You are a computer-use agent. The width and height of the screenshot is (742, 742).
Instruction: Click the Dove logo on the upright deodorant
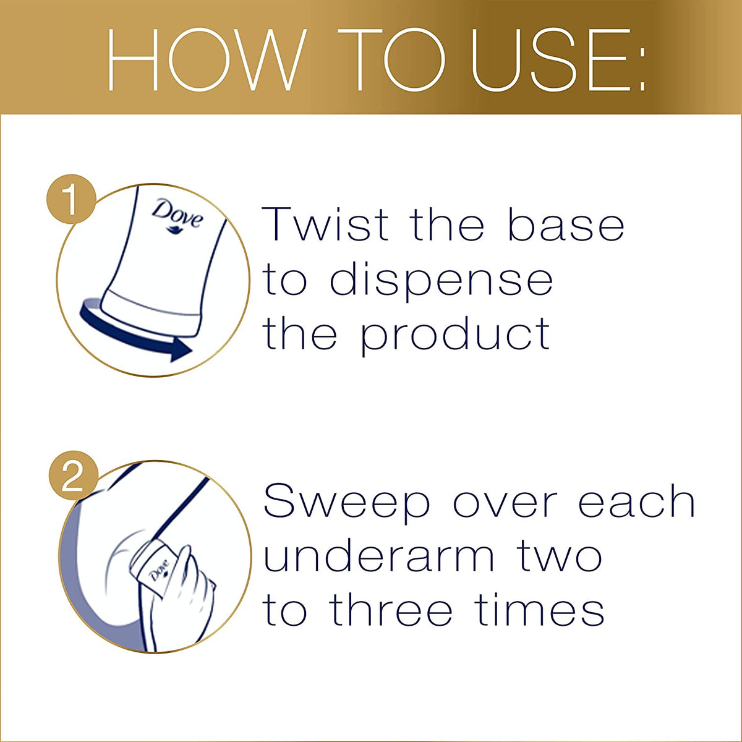click(x=177, y=216)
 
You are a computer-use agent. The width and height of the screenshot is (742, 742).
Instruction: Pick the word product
click(x=455, y=336)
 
